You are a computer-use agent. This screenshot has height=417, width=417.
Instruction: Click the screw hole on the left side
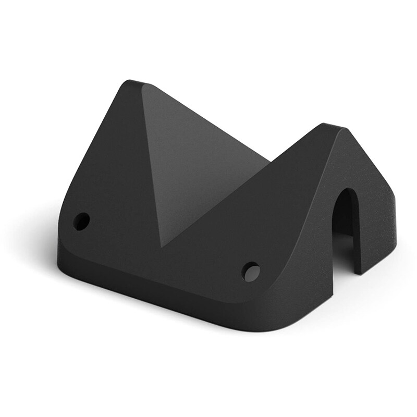(x=82, y=221)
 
